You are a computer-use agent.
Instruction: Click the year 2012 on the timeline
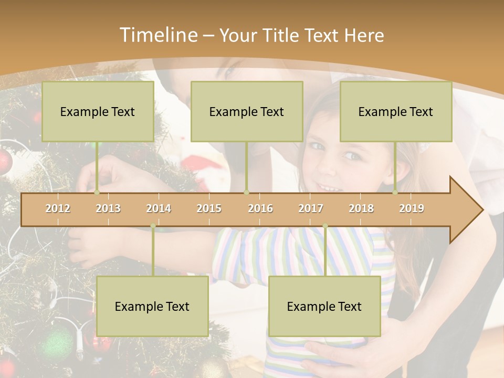(x=58, y=208)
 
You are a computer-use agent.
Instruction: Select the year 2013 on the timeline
(x=108, y=208)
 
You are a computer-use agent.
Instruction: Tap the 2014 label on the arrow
(x=159, y=208)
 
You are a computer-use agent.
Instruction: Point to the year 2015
(x=209, y=208)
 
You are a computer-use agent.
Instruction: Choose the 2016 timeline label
(x=260, y=208)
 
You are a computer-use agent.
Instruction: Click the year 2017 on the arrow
(x=311, y=208)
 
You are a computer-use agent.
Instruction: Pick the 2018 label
(x=361, y=208)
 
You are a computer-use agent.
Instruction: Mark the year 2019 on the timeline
(x=412, y=208)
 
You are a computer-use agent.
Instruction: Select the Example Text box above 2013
(x=98, y=111)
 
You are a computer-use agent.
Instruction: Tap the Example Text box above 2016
(x=247, y=111)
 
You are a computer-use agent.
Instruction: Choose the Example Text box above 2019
(x=396, y=111)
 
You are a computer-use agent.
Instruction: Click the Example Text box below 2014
(x=152, y=306)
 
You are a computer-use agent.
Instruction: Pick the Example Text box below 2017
(x=324, y=306)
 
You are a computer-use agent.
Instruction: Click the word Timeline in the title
(x=157, y=35)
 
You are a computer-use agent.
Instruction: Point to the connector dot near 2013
(x=97, y=192)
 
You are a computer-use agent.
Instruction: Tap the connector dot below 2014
(x=153, y=226)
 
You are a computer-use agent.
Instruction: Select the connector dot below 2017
(x=325, y=226)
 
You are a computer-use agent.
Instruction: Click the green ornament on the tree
(x=56, y=344)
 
